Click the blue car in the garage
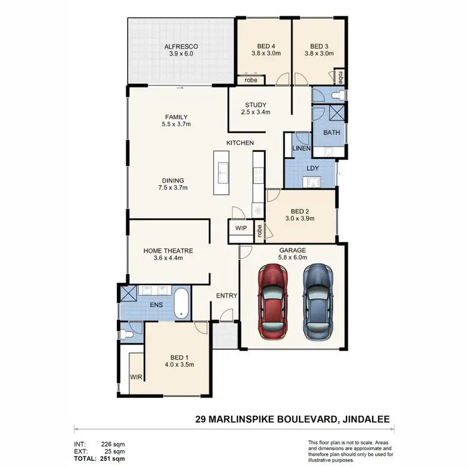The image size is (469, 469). tap(318, 300)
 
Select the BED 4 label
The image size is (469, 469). tap(266, 45)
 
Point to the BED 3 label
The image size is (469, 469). tap(319, 45)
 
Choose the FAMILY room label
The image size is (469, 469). tap(176, 117)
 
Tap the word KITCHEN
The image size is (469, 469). tap(240, 143)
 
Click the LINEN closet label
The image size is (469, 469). tap(301, 148)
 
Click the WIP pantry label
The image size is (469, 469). tap(241, 229)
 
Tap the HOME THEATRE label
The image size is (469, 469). tap(168, 251)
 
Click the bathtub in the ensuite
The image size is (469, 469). tap(182, 303)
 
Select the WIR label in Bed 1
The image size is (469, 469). tap(136, 377)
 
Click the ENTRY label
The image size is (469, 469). tap(226, 296)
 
